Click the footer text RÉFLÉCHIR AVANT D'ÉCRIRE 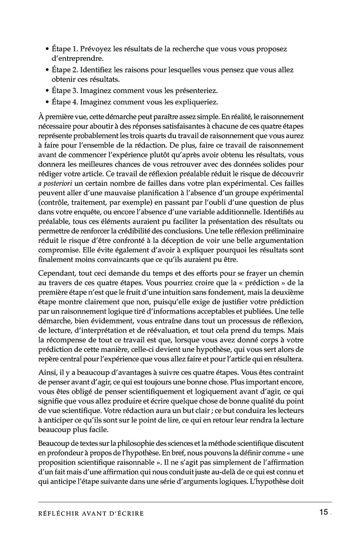tap(91, 513)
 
